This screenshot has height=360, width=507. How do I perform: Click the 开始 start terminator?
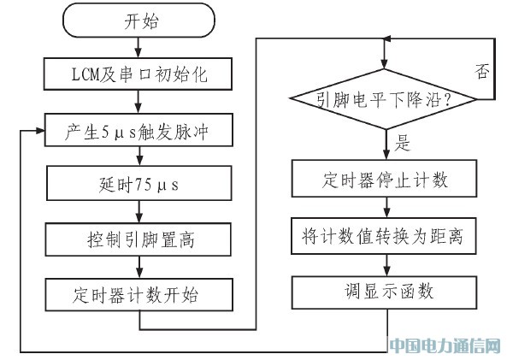(139, 20)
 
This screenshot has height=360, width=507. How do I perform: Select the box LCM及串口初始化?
(138, 74)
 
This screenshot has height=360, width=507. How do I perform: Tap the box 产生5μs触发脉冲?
(139, 130)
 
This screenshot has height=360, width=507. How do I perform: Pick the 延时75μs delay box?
(139, 183)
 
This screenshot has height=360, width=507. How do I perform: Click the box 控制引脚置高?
(139, 239)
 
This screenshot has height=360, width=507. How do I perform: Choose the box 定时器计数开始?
(139, 295)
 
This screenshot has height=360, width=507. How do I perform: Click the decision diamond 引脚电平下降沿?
(384, 99)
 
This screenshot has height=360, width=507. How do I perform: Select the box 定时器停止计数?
(384, 178)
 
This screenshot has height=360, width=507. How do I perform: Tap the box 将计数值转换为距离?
(384, 236)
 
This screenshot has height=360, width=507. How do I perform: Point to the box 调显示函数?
(385, 292)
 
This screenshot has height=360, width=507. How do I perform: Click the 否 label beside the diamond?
(482, 71)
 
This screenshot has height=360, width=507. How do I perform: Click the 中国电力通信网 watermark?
(445, 346)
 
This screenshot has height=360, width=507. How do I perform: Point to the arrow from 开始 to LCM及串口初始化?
(139, 48)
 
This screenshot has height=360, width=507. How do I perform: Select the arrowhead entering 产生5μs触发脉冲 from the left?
(40, 130)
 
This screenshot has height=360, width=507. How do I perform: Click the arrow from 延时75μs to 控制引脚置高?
(139, 211)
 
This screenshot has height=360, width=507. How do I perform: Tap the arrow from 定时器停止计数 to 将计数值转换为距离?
(386, 207)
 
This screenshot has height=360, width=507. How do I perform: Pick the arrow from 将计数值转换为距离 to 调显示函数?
(386, 265)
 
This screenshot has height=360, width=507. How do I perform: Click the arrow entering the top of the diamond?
(384, 54)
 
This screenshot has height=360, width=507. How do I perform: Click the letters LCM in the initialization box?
(85, 74)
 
